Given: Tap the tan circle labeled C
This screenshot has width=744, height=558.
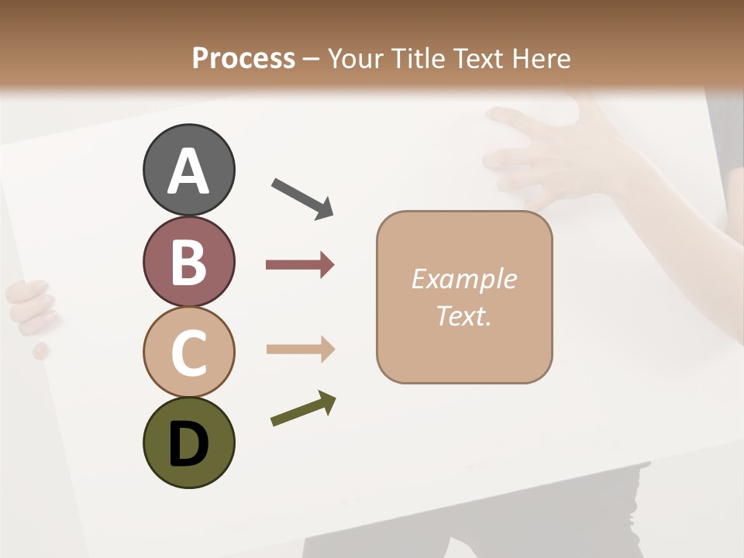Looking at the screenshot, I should pyautogui.click(x=188, y=351).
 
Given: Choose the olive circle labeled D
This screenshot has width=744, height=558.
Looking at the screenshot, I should pyautogui.click(x=188, y=443).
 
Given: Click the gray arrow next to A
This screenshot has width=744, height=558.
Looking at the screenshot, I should pyautogui.click(x=302, y=198).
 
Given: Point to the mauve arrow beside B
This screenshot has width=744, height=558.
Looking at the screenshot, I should pyautogui.click(x=300, y=265).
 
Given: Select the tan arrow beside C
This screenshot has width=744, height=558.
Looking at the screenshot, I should pyautogui.click(x=300, y=349).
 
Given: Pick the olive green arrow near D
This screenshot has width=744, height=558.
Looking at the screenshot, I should pyautogui.click(x=303, y=408).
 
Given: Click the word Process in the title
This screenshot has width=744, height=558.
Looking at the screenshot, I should pyautogui.click(x=243, y=58).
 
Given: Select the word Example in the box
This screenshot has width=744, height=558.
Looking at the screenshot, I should pyautogui.click(x=463, y=279).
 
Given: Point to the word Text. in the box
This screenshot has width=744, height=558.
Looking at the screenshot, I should pyautogui.click(x=463, y=315).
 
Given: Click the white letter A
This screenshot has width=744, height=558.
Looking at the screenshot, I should pyautogui.click(x=188, y=172).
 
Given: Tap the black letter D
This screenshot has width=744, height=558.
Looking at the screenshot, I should pyautogui.click(x=188, y=445).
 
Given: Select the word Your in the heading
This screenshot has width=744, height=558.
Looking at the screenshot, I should pyautogui.click(x=356, y=58).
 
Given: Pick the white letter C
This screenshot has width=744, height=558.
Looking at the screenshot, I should pyautogui.click(x=188, y=353).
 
